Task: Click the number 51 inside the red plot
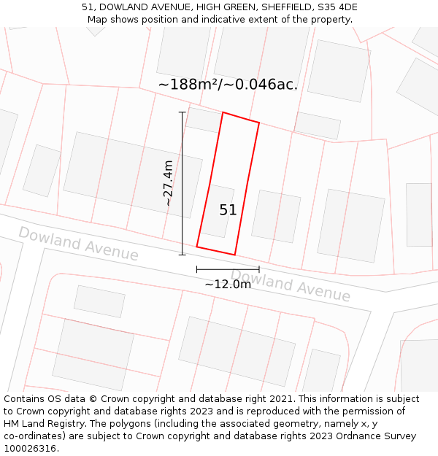tap(228, 210)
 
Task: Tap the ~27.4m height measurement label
tap(169, 183)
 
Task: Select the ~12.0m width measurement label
tap(228, 284)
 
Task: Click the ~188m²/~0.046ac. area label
tap(228, 85)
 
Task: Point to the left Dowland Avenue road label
tap(78, 244)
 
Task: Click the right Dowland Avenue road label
tap(291, 285)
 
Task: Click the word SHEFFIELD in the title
tap(285, 7)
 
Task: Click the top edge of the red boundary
tap(241, 117)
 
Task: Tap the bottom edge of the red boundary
tap(216, 250)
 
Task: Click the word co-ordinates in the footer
tap(32, 436)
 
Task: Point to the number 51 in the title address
tap(88, 7)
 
